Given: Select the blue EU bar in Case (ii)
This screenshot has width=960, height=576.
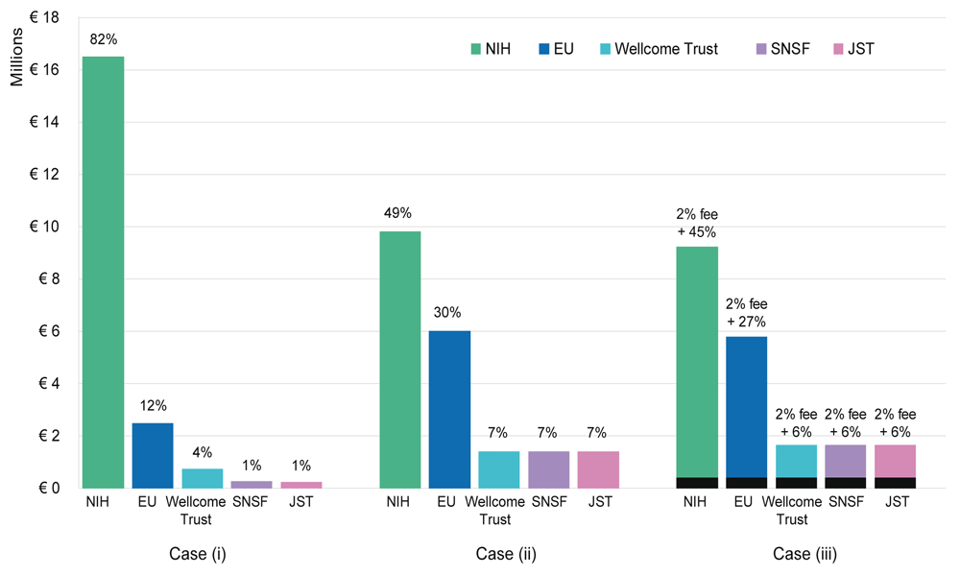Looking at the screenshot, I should (449, 409).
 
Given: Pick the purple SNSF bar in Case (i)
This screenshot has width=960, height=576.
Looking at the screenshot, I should (252, 484).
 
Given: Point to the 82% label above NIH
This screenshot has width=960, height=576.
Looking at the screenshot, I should (103, 39).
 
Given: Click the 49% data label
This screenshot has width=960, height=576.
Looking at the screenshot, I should (400, 213).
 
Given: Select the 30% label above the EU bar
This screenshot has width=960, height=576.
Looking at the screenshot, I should (449, 312).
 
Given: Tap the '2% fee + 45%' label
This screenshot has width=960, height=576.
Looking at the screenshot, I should (697, 224).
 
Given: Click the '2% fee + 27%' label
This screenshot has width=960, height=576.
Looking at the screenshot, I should (746, 313).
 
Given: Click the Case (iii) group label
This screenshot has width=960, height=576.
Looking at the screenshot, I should (796, 555).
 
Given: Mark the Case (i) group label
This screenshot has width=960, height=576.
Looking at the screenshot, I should (202, 555).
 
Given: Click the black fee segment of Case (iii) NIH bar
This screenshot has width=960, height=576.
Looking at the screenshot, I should (697, 483).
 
